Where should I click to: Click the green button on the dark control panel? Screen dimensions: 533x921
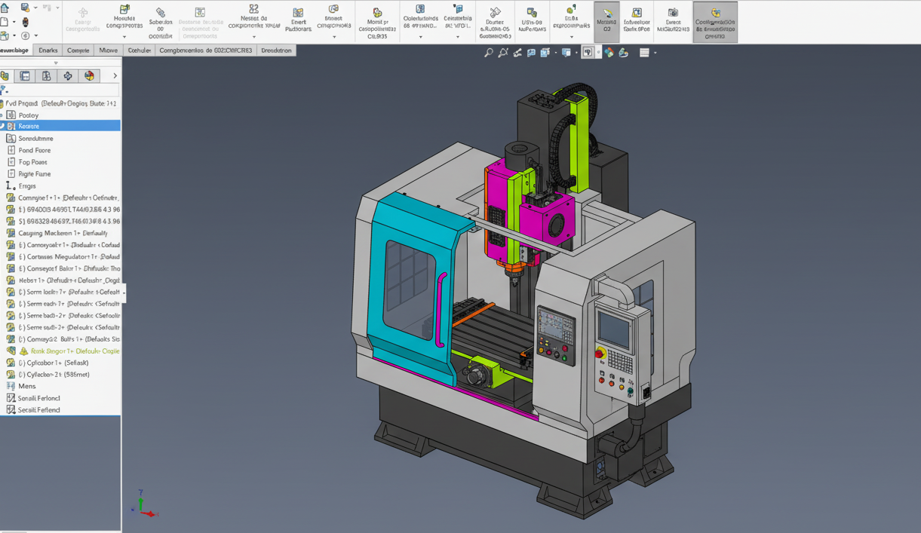[x=564, y=359]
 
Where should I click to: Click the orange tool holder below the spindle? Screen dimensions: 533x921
[x=514, y=266]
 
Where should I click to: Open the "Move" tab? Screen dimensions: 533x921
[x=108, y=51]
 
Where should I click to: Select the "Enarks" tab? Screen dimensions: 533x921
[x=48, y=51]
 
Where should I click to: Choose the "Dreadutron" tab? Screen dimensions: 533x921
[x=276, y=51]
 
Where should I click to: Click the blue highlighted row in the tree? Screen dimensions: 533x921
[x=60, y=126]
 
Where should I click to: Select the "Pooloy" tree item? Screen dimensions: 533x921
[x=28, y=115]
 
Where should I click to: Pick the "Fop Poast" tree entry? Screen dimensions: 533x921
[x=32, y=162]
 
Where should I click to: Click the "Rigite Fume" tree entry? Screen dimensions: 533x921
[x=34, y=174]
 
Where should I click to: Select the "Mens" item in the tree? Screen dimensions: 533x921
[x=27, y=386]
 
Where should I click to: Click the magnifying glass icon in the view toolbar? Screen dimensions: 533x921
[x=489, y=53]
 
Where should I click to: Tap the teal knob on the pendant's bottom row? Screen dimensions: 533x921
[x=631, y=391]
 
